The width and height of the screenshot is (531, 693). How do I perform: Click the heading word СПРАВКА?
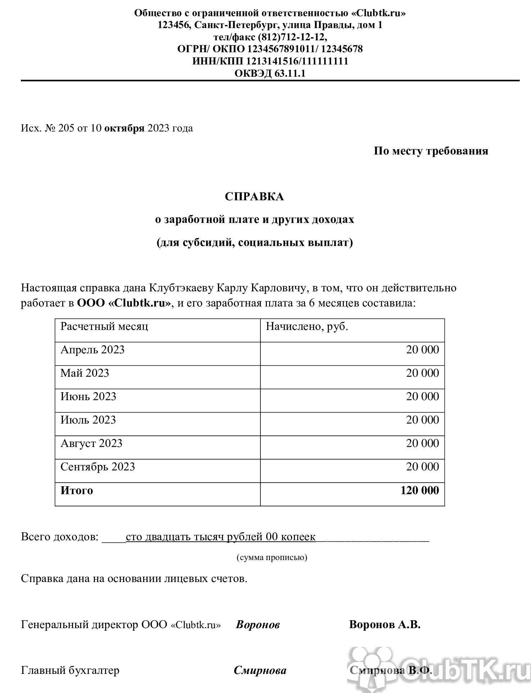[254, 197]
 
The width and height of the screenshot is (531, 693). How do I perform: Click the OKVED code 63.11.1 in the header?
[290, 73]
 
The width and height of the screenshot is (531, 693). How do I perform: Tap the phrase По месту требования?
[431, 151]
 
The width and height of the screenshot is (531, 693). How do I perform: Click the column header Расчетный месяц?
[104, 326]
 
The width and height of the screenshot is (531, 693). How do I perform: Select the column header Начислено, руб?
[307, 326]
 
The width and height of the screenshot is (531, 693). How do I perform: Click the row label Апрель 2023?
[92, 350]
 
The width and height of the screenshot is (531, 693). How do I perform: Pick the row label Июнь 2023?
[88, 397]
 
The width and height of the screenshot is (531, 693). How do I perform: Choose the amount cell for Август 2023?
[422, 443]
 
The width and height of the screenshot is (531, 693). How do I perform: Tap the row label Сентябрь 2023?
[97, 467]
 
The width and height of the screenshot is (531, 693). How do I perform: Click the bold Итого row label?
[77, 491]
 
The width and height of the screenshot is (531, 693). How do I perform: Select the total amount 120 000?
[419, 491]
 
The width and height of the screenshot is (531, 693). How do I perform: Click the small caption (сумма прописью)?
[272, 558]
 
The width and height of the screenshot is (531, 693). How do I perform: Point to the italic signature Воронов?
[258, 625]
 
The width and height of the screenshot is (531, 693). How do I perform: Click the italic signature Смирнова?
[260, 670]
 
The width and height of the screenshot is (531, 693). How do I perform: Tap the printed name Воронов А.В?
[385, 624]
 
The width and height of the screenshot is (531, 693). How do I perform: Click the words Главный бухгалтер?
[70, 670]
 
